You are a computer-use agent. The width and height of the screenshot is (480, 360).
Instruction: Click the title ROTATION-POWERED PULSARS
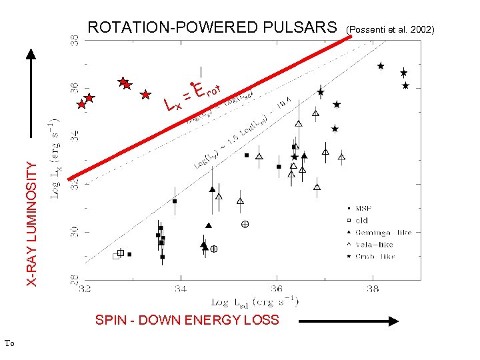point(213,27)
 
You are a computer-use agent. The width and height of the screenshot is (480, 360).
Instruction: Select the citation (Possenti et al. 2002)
point(389,29)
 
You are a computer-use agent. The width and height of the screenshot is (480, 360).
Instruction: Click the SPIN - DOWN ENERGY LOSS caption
point(187,320)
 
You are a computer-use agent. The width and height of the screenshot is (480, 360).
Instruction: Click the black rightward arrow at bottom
point(348,321)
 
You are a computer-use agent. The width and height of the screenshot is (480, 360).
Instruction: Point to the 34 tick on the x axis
point(180,289)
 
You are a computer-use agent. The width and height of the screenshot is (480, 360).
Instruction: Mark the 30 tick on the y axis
point(75,231)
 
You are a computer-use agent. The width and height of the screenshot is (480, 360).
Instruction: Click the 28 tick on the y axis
point(75,279)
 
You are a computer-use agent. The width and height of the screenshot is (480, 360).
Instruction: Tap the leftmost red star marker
point(81,104)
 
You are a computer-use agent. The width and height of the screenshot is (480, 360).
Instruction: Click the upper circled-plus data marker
point(245,225)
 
